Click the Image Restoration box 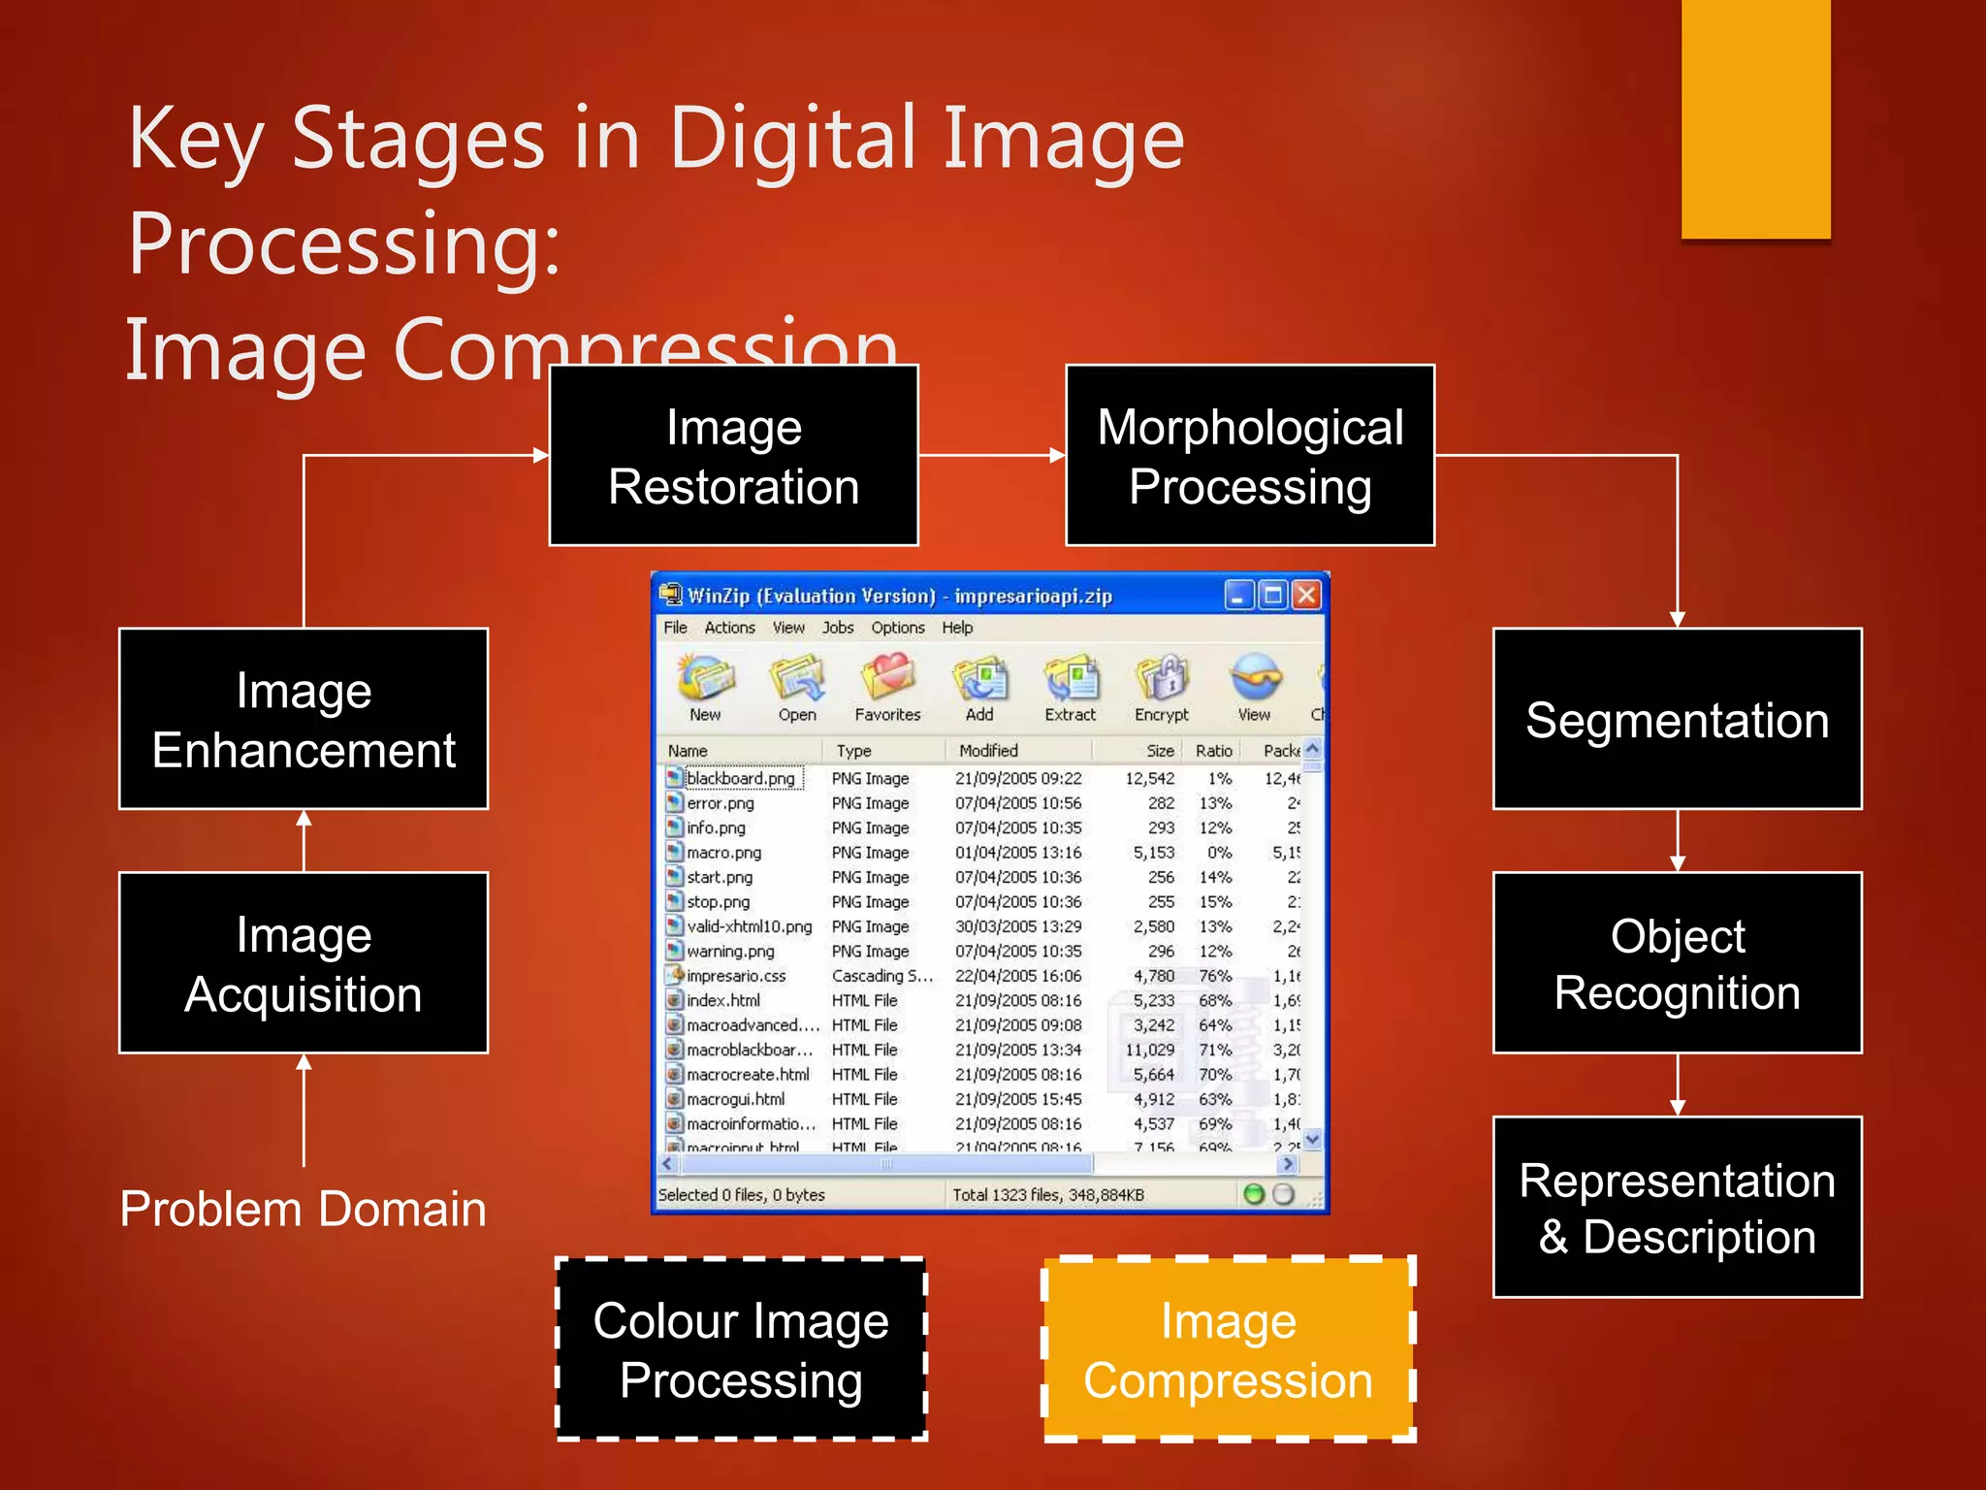(733, 456)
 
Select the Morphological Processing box (1249, 456)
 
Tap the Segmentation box (1677, 719)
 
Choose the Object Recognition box (1677, 963)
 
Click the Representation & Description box (1677, 1207)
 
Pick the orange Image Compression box (1228, 1349)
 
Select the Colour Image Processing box (741, 1349)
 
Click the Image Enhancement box (304, 719)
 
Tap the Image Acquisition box (304, 963)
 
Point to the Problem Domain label (303, 1209)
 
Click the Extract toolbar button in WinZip (1070, 688)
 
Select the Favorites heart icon (887, 676)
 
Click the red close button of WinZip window (1306, 595)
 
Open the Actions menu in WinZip (729, 628)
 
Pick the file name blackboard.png (740, 778)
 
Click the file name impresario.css (736, 976)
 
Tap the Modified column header (988, 750)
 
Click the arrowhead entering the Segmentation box (1677, 620)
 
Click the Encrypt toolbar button (1161, 688)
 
